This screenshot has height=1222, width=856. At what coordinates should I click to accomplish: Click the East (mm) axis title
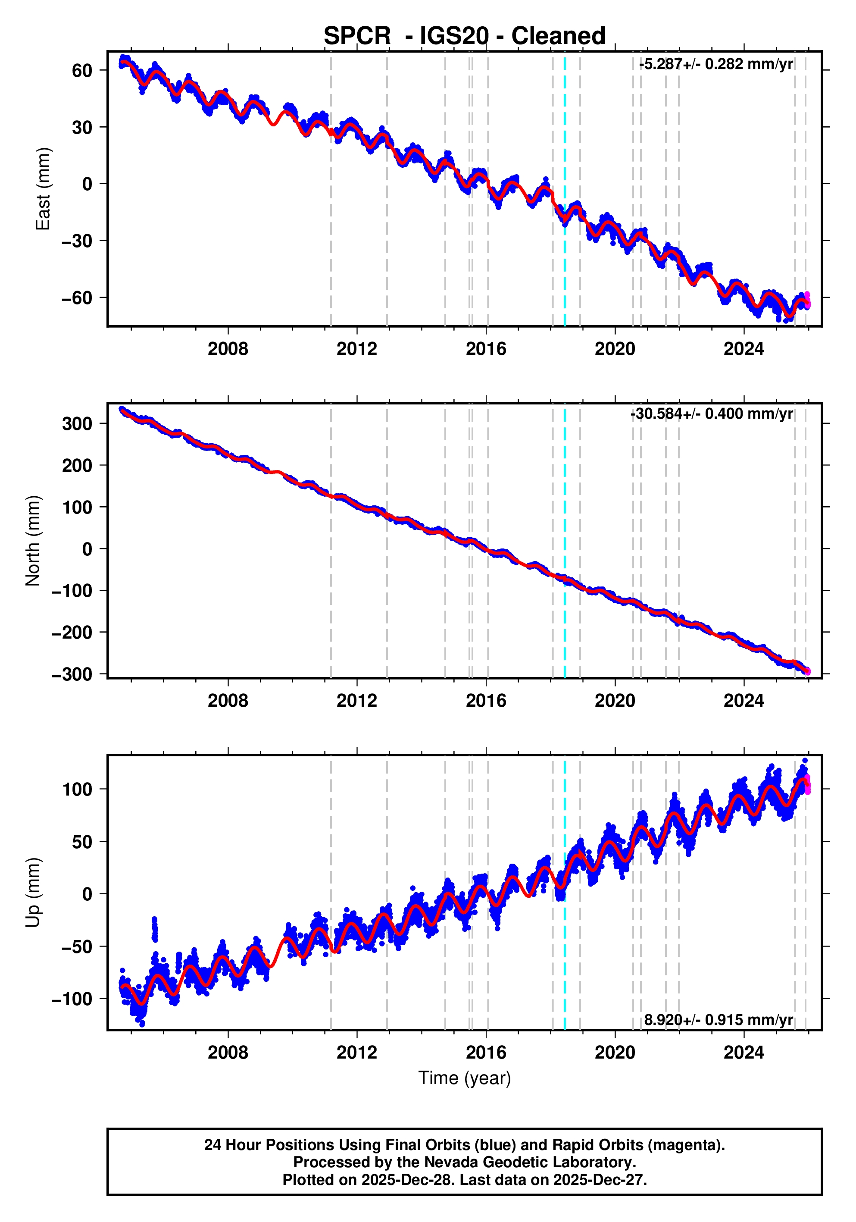click(43, 189)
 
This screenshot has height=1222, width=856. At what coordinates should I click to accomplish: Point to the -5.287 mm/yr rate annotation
click(715, 64)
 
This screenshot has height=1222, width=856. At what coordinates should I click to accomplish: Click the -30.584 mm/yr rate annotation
click(711, 414)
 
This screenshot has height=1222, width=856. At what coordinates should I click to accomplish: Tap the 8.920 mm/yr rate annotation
click(718, 1020)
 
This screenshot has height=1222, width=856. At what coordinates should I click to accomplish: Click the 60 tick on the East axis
click(82, 70)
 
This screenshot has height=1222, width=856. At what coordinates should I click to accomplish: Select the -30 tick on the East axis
click(77, 241)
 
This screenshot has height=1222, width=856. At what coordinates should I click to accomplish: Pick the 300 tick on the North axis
click(77, 424)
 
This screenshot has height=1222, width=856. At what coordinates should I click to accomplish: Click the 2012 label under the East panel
click(356, 349)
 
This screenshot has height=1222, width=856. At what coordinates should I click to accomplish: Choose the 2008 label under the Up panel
click(228, 1053)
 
